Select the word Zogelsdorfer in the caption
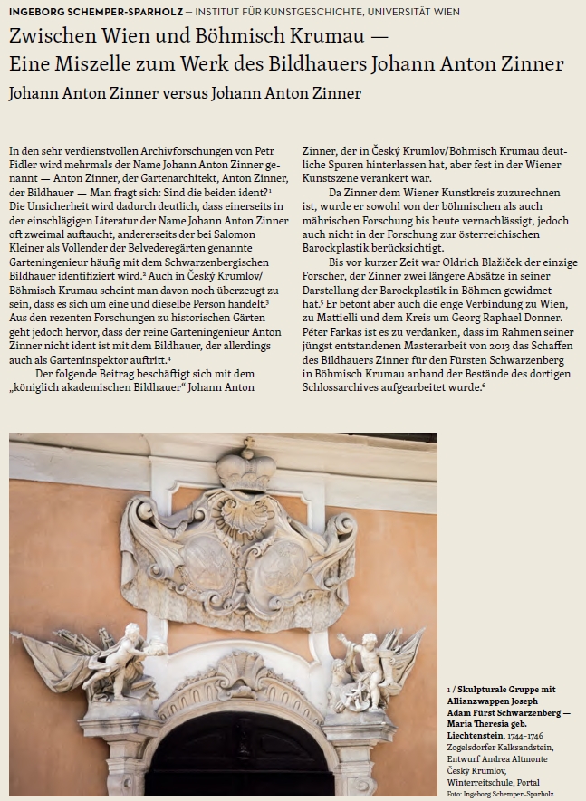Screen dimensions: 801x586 [x=473, y=748]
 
